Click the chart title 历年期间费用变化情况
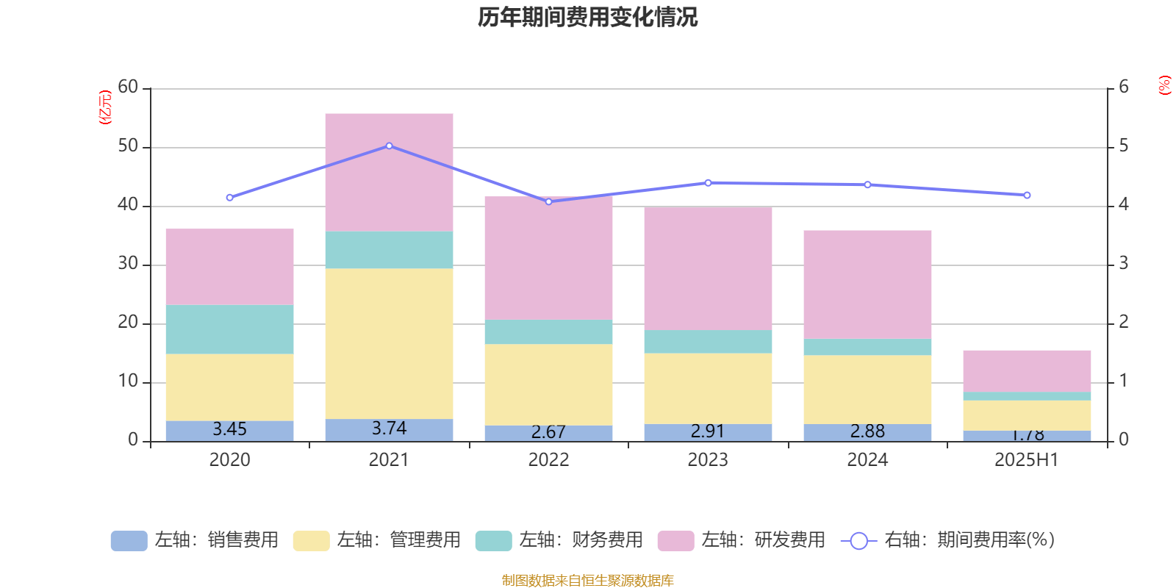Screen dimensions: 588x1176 (x=587, y=17)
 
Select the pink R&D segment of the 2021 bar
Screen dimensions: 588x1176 (x=389, y=172)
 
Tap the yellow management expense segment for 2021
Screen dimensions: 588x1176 (x=389, y=343)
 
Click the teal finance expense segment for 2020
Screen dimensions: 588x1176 (x=229, y=329)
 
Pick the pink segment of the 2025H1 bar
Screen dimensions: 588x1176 (x=1027, y=370)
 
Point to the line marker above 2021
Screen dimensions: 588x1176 (x=389, y=146)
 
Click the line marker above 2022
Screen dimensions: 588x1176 (x=548, y=201)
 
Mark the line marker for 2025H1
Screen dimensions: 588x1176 (x=1027, y=196)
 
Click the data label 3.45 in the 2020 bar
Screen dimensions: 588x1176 (x=229, y=429)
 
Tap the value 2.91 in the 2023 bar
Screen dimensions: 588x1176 (x=708, y=431)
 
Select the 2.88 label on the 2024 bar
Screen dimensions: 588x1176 (x=867, y=431)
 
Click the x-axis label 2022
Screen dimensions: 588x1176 (x=548, y=460)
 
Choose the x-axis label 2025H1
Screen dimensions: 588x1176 (x=1027, y=460)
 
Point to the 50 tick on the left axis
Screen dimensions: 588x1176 (x=128, y=146)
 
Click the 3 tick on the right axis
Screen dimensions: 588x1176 (x=1123, y=264)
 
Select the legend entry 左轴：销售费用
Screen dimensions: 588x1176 (x=195, y=540)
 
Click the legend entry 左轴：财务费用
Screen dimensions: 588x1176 (x=559, y=540)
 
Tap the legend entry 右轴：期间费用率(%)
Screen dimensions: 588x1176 (x=948, y=540)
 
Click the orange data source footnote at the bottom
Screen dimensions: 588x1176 (x=587, y=581)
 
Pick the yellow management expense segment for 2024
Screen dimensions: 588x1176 (x=867, y=390)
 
